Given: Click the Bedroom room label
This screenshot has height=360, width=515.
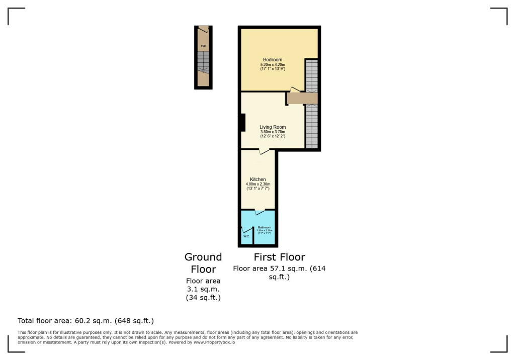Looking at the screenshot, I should click(273, 60).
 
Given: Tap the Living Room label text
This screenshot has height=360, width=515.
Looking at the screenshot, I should click(273, 127).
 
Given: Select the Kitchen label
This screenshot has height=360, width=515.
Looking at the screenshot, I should click(258, 179).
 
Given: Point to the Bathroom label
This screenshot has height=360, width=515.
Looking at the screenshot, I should click(264, 228).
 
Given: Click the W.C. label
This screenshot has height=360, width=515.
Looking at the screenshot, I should click(246, 236).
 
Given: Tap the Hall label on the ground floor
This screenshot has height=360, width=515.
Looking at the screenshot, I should click(203, 46).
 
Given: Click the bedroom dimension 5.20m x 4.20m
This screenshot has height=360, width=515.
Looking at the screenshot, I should click(273, 65).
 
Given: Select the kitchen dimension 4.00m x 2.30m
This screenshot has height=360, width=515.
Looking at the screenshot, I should click(258, 185).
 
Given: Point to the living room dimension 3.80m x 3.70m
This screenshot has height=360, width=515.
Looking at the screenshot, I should click(273, 132).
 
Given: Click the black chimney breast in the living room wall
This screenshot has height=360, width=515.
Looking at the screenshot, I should click(242, 123).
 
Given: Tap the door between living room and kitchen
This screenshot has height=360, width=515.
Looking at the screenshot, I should click(264, 151).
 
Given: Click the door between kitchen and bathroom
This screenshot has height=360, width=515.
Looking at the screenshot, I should click(260, 212).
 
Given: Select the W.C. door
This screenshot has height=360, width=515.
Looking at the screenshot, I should click(246, 230).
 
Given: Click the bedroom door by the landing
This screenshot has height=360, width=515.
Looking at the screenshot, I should click(295, 89).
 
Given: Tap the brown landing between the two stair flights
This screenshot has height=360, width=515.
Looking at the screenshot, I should click(303, 98).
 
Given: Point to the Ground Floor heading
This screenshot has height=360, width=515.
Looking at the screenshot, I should click(203, 263).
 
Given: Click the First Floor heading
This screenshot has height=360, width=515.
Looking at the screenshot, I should click(279, 257).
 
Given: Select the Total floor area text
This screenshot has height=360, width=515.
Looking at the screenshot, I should click(85, 320).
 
